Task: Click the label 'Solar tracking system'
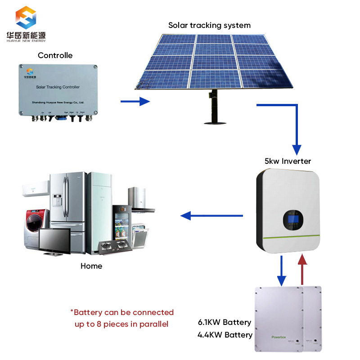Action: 209,25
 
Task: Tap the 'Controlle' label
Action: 55,55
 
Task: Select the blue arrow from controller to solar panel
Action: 135,101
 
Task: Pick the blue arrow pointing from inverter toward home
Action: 211,216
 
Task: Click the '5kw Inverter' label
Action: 288,161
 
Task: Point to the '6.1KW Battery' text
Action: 225,322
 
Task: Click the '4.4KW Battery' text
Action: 225,335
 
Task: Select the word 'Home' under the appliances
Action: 91,266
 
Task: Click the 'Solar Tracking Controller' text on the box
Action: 57,86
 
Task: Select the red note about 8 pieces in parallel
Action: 121,318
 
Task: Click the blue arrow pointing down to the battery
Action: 281,270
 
